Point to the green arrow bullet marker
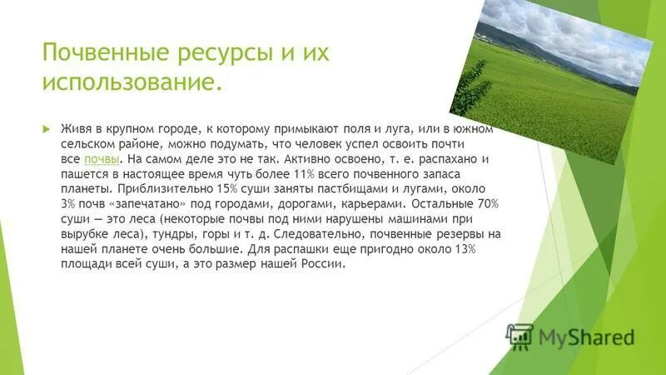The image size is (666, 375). [47, 129]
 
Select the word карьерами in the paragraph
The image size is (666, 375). [390, 203]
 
